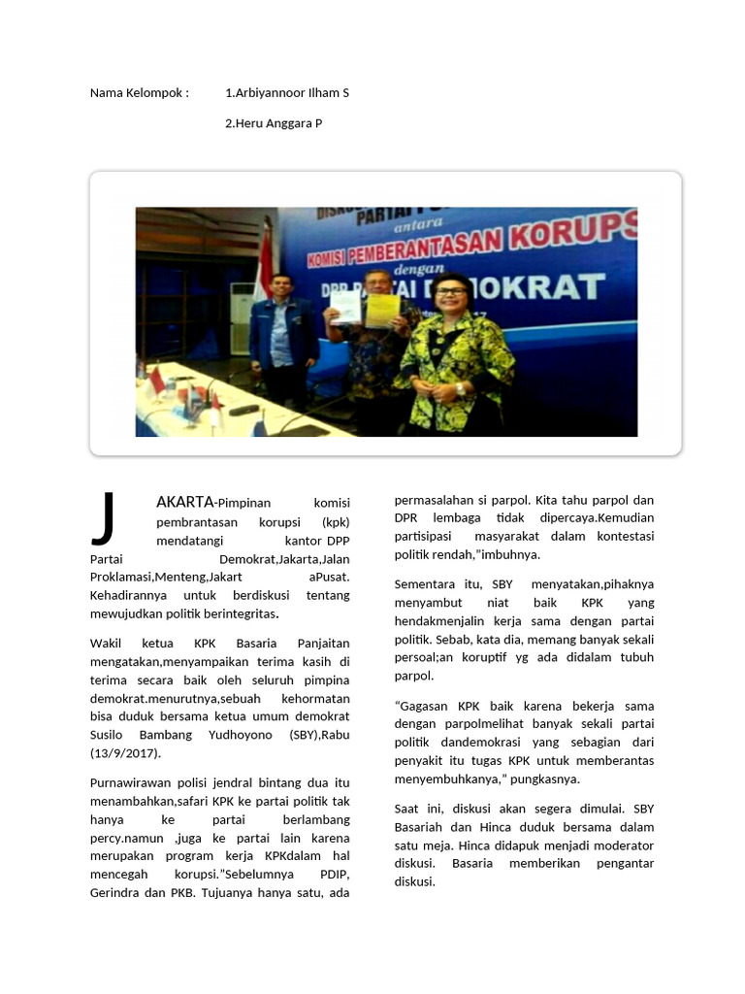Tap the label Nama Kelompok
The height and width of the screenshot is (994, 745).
point(139,93)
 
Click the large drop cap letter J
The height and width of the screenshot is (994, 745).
point(105,518)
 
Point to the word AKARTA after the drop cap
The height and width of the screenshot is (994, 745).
point(184,502)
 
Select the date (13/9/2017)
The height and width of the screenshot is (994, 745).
point(125,753)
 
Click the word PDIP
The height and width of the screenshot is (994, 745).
point(334,875)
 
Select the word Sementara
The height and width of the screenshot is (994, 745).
point(426,583)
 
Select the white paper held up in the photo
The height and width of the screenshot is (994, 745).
point(344,308)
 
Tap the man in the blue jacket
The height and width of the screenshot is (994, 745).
point(283,340)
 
